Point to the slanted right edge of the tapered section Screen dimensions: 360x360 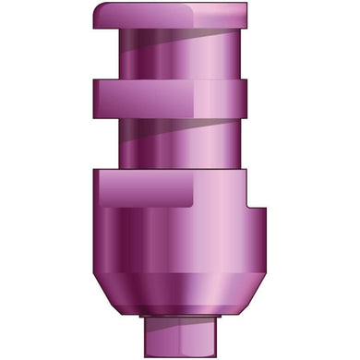(243, 291)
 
